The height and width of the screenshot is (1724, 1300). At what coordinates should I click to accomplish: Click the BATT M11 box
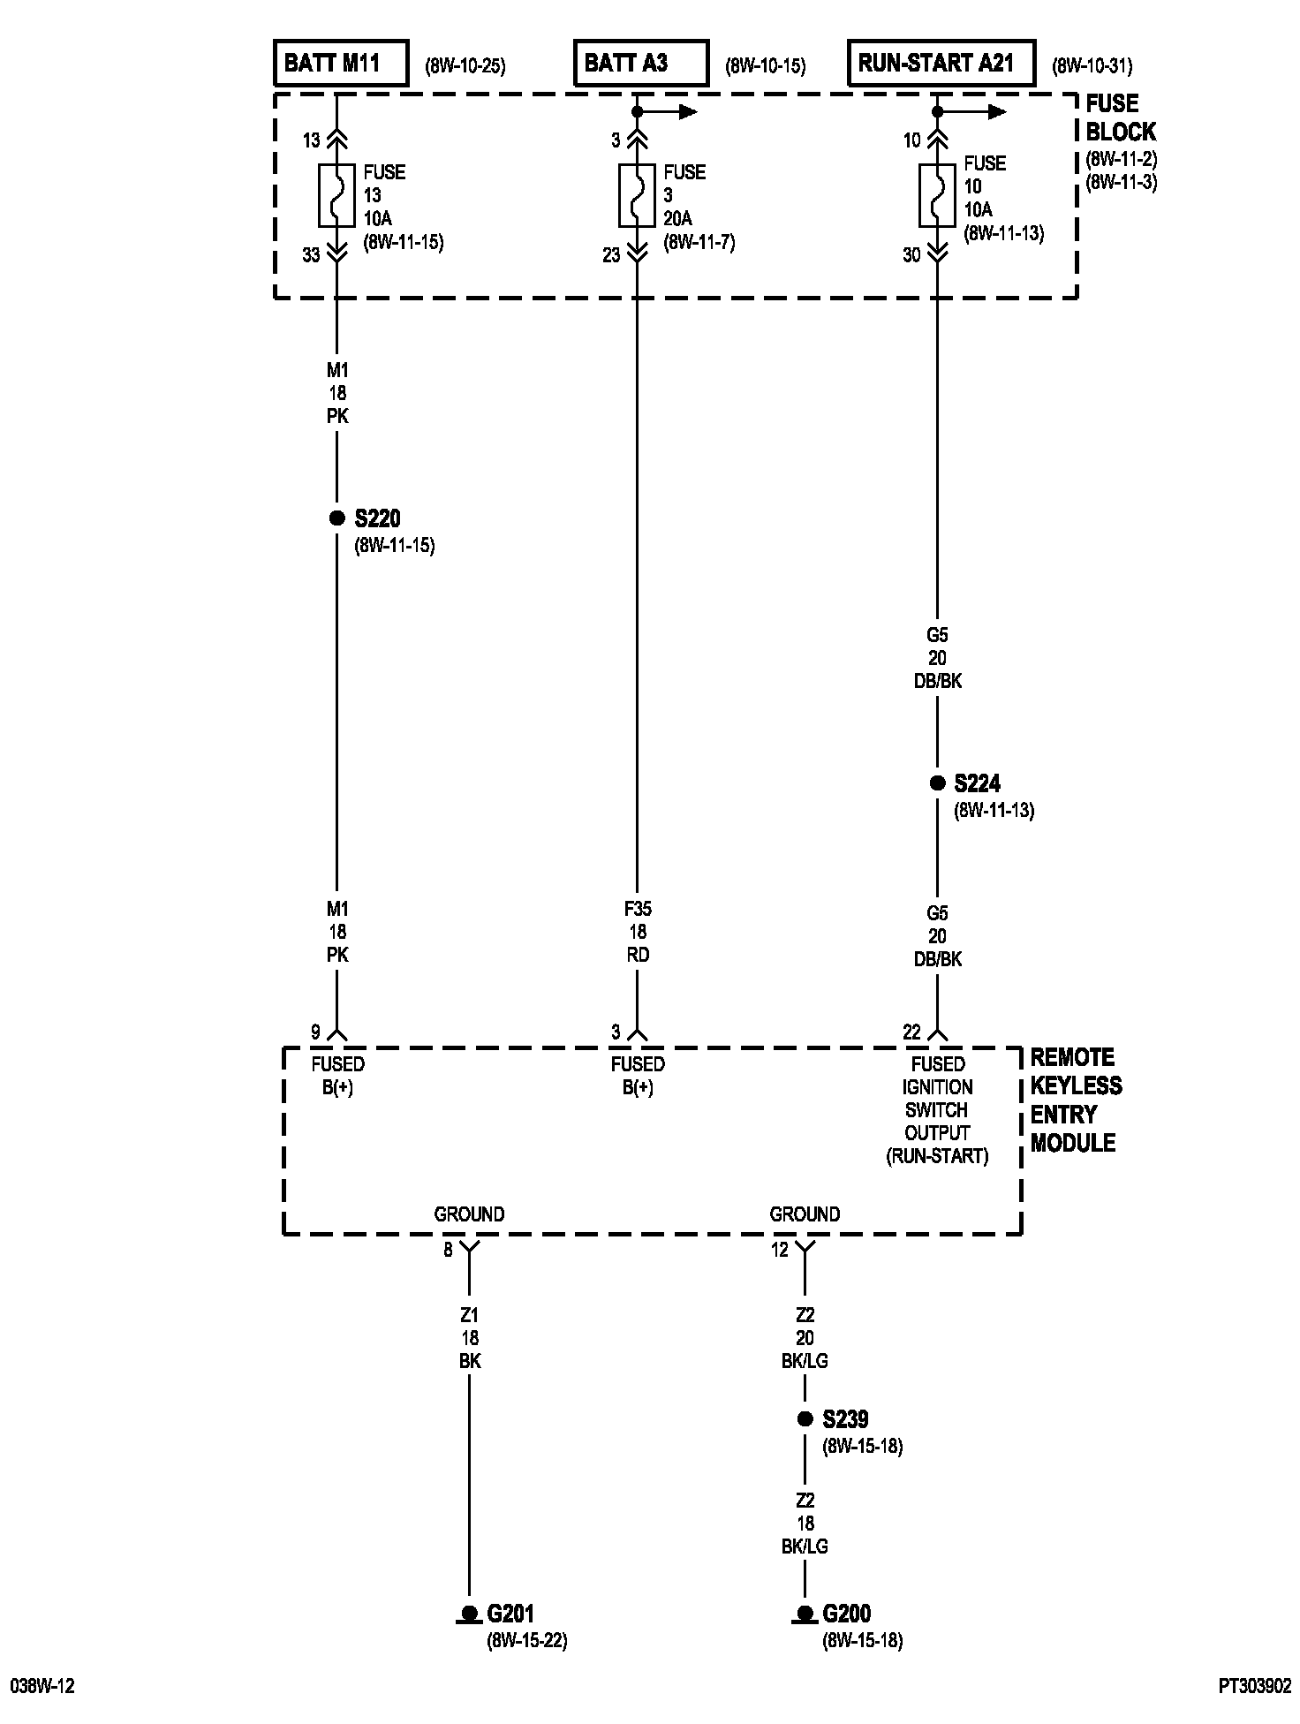(340, 63)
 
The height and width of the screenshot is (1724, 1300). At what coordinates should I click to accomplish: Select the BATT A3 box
(640, 63)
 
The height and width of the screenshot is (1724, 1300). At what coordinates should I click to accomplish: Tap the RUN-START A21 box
(941, 63)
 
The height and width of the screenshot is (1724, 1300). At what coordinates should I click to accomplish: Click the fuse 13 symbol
(336, 195)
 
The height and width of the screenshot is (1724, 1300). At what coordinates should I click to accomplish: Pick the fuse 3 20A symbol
(637, 195)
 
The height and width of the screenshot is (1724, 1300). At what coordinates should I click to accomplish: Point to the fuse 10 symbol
(937, 195)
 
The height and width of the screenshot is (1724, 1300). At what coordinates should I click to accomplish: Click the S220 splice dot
(336, 518)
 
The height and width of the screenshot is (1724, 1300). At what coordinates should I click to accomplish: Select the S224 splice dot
(937, 783)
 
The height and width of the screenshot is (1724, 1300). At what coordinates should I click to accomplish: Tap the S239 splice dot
(805, 1419)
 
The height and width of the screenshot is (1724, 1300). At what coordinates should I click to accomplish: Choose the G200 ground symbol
(805, 1614)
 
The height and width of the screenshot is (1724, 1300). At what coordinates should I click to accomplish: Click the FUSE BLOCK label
(1120, 117)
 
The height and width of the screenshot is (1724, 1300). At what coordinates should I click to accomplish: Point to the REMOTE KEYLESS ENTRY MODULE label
(1075, 1100)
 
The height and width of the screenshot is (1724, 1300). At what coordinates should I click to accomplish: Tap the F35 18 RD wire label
(637, 932)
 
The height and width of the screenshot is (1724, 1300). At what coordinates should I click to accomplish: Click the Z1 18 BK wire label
(469, 1338)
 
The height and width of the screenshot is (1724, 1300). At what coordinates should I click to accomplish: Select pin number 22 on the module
(911, 1032)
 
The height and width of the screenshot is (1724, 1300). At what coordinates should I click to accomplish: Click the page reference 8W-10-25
(465, 65)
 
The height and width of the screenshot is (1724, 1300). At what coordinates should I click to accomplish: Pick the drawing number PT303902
(1254, 1686)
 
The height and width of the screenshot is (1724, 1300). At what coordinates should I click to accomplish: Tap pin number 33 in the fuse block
(311, 255)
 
